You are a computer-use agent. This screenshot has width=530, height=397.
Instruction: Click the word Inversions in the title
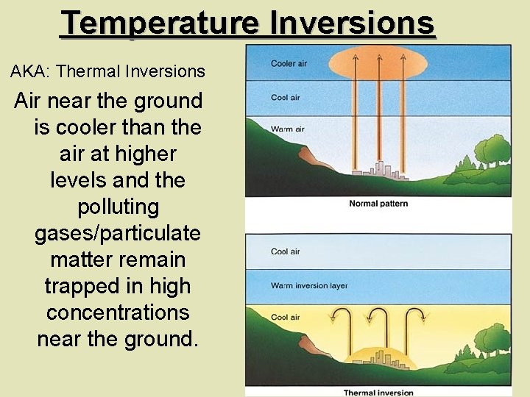[352, 23]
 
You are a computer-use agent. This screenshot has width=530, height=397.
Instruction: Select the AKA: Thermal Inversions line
[107, 71]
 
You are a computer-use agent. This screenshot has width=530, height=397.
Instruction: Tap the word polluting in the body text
[118, 207]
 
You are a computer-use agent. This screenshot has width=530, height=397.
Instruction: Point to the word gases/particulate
[118, 233]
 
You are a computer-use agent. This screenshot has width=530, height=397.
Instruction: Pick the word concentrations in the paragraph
[118, 312]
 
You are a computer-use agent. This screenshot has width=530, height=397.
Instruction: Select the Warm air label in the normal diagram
[287, 129]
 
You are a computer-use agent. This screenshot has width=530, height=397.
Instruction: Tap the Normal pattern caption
[378, 204]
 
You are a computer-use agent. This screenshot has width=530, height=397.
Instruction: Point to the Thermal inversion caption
[378, 393]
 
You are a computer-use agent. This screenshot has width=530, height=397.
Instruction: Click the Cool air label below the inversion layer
[285, 318]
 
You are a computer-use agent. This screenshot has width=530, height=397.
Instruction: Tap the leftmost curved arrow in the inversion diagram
[341, 321]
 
